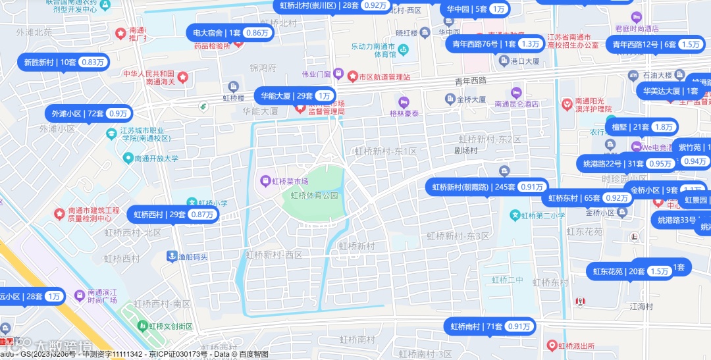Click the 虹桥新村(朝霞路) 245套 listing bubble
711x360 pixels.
coord(488,187)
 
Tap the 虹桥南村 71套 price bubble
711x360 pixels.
coord(490,326)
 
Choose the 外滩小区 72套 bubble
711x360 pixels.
coord(89,113)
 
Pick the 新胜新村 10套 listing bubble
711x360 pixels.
coord(64,63)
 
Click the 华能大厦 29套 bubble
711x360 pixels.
coord(295,95)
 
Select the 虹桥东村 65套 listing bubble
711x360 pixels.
coord(588,198)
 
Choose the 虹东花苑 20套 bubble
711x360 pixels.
coord(630,271)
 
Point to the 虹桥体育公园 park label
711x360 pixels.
coord(315,195)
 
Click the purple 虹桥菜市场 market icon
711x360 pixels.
coord(265,181)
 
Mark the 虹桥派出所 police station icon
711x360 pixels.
coord(552,345)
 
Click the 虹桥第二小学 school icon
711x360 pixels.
coord(515,215)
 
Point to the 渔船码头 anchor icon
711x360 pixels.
coord(172,257)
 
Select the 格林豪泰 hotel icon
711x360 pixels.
coord(403,102)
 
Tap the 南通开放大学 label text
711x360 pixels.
coord(157,158)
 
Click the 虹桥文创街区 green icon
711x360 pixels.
coord(143,326)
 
